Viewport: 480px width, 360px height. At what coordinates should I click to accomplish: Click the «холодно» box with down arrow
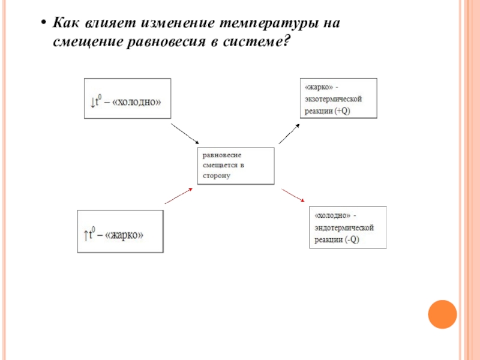127,100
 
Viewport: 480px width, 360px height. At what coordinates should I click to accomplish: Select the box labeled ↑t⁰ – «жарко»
120,231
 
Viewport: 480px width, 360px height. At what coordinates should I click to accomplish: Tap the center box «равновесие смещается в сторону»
236,165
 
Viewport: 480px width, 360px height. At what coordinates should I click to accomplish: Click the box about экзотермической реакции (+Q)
338,98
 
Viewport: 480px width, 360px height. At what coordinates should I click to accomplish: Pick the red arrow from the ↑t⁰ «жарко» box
179,196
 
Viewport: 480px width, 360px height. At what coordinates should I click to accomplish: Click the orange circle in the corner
443,314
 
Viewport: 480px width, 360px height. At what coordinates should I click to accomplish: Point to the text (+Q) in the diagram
342,112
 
